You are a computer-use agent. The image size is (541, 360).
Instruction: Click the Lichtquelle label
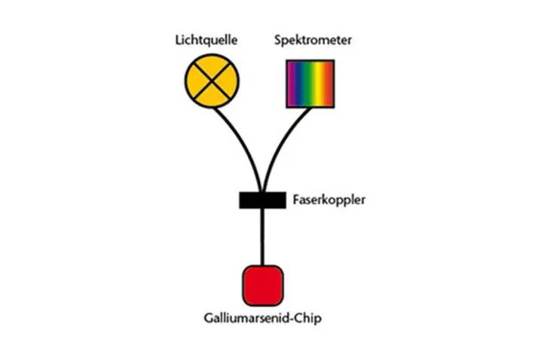click(206, 41)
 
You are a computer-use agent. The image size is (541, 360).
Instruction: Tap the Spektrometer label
click(313, 41)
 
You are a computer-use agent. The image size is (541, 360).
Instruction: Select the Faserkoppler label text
click(329, 200)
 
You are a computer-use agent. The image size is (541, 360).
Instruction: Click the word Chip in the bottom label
click(310, 318)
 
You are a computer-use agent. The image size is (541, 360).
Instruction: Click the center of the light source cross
click(212, 81)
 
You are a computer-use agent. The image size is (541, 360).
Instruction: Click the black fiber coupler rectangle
click(262, 200)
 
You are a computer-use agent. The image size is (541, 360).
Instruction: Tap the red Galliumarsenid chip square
click(263, 286)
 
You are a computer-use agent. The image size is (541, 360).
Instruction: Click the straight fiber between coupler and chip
click(262, 237)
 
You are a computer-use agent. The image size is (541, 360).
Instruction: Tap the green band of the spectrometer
click(310, 84)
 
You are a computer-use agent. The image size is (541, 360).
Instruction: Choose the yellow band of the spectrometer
click(319, 84)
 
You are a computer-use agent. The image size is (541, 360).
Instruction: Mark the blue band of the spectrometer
click(301, 84)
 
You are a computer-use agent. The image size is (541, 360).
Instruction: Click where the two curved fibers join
click(262, 191)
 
